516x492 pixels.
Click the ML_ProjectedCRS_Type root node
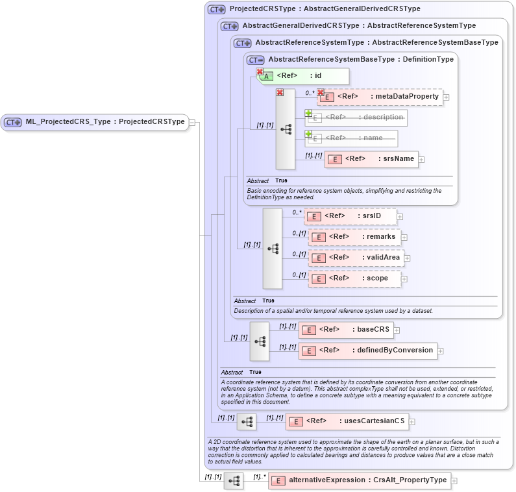95,122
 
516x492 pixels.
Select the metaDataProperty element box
380,97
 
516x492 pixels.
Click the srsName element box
371,159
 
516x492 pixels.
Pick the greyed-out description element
356,117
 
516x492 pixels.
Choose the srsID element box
350,216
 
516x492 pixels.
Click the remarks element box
354,237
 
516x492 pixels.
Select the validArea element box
356,258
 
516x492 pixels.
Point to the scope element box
354,278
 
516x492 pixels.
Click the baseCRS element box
346,330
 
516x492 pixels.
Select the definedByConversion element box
367,351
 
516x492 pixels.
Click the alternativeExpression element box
360,480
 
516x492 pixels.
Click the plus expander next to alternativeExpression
454,481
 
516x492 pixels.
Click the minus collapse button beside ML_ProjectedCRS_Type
192,123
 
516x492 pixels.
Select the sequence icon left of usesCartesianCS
247,422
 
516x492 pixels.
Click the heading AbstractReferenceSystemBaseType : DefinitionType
360,59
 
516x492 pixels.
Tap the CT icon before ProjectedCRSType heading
216,9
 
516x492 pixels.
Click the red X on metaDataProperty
321,92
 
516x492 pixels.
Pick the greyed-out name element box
351,138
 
